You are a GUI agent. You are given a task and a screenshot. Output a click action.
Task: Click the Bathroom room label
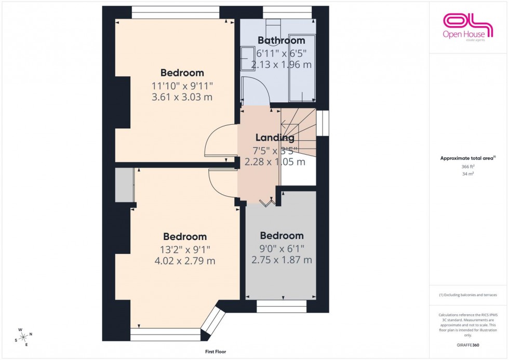pyautogui.click(x=281, y=41)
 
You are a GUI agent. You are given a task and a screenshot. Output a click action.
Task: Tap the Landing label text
pyautogui.click(x=275, y=138)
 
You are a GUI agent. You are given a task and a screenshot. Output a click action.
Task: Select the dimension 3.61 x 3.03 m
pyautogui.click(x=182, y=97)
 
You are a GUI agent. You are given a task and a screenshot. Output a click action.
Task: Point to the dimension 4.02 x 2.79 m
pyautogui.click(x=184, y=261)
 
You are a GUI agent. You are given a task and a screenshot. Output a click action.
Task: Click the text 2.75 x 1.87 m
pyautogui.click(x=282, y=260)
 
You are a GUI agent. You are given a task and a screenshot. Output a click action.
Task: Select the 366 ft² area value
pyautogui.click(x=468, y=167)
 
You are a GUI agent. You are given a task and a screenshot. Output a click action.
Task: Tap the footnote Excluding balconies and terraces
pyautogui.click(x=468, y=295)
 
